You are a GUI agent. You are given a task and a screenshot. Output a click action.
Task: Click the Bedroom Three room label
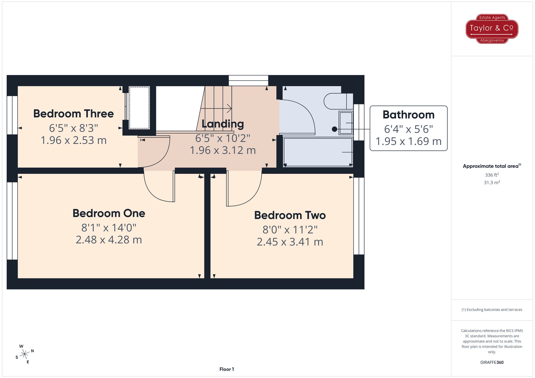(x=74, y=114)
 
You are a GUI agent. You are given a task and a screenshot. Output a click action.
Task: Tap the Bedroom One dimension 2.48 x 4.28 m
(x=109, y=240)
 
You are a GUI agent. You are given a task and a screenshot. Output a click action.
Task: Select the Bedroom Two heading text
(x=290, y=215)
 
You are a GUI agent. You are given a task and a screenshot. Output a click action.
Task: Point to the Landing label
(x=223, y=124)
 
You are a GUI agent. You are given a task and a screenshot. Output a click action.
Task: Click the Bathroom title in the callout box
(x=408, y=115)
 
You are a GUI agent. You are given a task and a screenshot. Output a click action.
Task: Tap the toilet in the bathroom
(x=338, y=101)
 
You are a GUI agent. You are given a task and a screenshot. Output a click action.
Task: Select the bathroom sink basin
(x=346, y=123)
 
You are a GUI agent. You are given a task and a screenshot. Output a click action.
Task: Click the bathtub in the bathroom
(x=318, y=152)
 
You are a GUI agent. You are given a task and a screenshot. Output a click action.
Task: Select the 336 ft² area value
(x=492, y=175)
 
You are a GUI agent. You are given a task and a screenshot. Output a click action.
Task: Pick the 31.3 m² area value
(x=492, y=183)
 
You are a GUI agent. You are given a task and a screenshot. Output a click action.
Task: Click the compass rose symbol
(x=25, y=354)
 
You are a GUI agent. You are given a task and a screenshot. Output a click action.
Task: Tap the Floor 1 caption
(x=227, y=369)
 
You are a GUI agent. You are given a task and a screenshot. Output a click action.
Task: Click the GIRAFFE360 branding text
(x=492, y=363)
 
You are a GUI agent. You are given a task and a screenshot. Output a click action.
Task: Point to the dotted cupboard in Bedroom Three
(x=139, y=108)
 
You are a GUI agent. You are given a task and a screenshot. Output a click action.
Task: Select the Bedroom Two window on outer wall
(x=359, y=216)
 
